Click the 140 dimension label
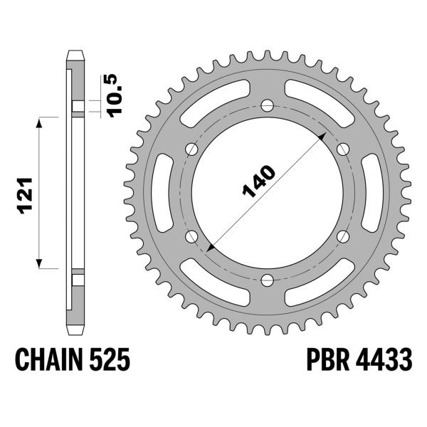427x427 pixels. point(259,181)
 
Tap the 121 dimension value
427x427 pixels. point(25,196)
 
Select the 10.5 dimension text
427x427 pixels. point(115,95)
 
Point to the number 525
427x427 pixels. point(110,359)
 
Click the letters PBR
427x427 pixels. point(328,359)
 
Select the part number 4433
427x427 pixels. point(384,359)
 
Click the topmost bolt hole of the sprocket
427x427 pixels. point(267,105)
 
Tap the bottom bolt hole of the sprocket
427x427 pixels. point(267,280)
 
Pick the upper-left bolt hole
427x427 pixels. point(191,149)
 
